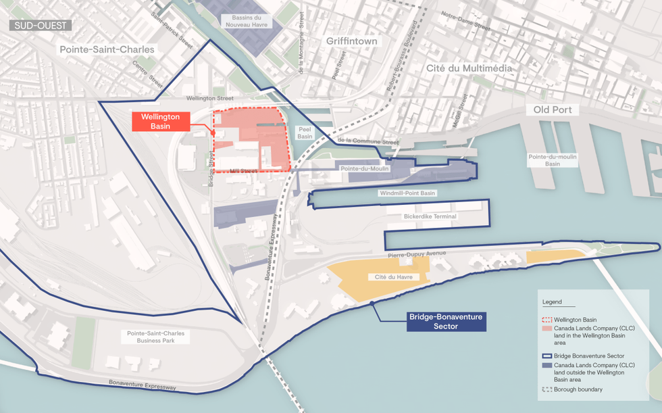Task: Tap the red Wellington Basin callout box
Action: pyautogui.click(x=160, y=121)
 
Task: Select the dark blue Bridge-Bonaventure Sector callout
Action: pyautogui.click(x=447, y=321)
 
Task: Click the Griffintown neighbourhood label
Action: pyautogui.click(x=351, y=41)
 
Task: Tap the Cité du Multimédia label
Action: pyautogui.click(x=469, y=68)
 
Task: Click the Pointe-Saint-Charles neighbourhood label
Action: pyautogui.click(x=107, y=49)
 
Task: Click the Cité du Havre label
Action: pyautogui.click(x=393, y=277)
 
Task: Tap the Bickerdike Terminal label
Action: pyautogui.click(x=430, y=216)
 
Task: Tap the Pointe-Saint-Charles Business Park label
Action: pyautogui.click(x=155, y=337)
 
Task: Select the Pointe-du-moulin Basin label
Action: pyautogui.click(x=553, y=160)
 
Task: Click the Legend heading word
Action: pyautogui.click(x=552, y=301)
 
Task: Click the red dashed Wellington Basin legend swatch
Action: pyautogui.click(x=546, y=319)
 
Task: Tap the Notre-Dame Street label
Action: pyautogui.click(x=465, y=20)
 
